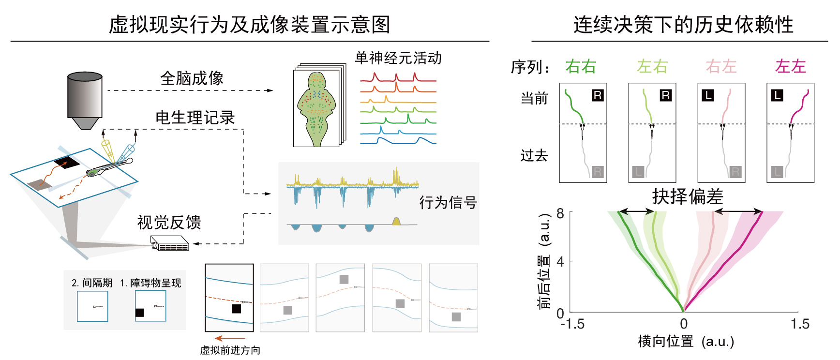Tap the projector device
(169, 243)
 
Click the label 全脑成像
(192, 78)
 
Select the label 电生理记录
(195, 117)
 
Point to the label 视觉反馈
(169, 222)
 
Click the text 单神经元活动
(398, 58)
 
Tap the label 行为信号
(448, 202)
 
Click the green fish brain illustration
(317, 109)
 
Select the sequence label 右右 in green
(581, 66)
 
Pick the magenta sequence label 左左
(791, 66)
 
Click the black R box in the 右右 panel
(598, 95)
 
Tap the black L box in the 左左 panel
(777, 95)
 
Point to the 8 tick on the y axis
(560, 213)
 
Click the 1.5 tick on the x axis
(800, 324)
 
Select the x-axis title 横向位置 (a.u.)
(686, 341)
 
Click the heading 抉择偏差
(688, 196)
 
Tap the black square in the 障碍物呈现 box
(139, 313)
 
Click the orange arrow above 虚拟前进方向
(230, 339)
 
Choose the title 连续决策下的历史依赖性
(683, 24)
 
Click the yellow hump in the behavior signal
(396, 221)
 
